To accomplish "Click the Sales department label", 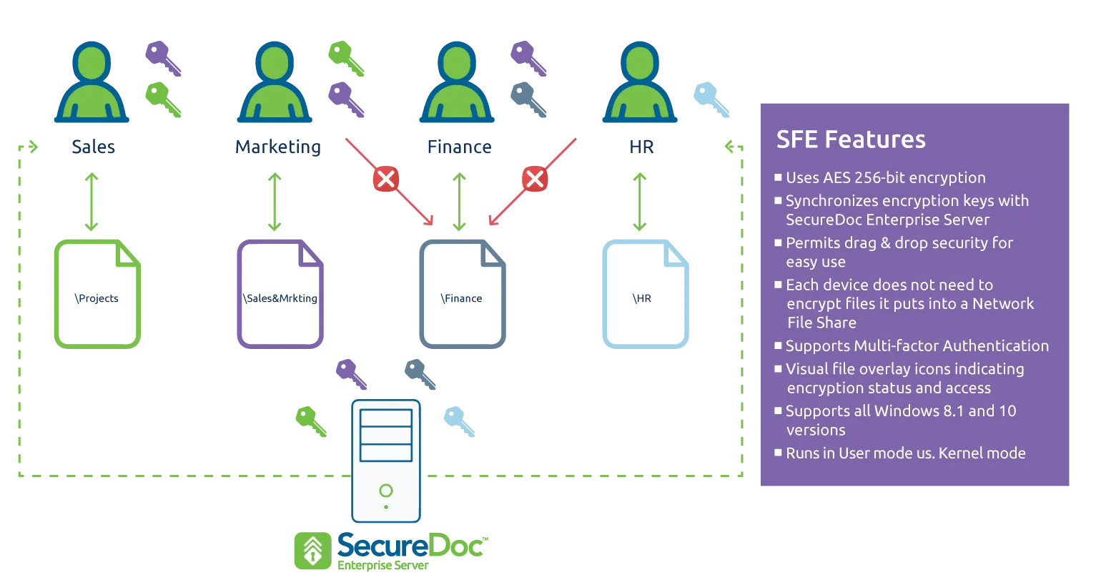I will [93, 147].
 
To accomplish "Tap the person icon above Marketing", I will [275, 82].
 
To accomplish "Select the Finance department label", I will [459, 147].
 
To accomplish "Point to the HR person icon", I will [640, 82].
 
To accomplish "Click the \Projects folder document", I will [97, 295].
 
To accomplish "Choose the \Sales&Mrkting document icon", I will [280, 295].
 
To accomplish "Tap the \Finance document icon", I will [463, 295].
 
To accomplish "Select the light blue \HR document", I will [645, 295].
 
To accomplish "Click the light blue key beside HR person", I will [711, 99].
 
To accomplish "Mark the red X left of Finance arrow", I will [386, 179].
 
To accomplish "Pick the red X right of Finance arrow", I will [534, 179].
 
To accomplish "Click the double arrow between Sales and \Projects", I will [92, 202].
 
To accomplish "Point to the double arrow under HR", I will [640, 202].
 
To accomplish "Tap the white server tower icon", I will [386, 461].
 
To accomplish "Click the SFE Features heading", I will [851, 139].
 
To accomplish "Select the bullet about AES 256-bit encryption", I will [885, 177].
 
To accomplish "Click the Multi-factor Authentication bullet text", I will [917, 346].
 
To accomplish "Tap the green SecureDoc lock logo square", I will [312, 551].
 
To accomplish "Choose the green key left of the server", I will [311, 421].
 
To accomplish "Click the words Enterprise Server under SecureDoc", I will [383, 566].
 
